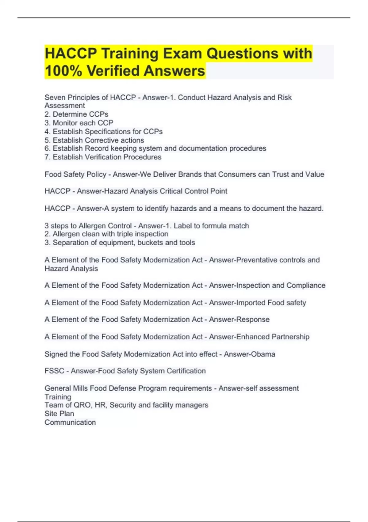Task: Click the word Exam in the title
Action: (x=182, y=53)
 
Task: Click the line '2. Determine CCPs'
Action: (x=76, y=114)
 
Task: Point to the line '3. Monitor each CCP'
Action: (x=79, y=123)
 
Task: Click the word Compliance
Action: (x=306, y=285)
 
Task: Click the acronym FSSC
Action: (x=54, y=371)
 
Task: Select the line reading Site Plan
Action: (x=59, y=414)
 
